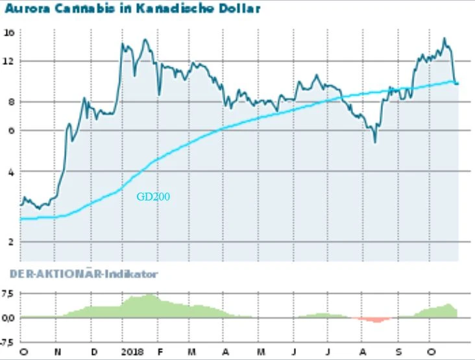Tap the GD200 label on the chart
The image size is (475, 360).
[x=153, y=196]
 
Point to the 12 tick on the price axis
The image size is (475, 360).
[x=8, y=62]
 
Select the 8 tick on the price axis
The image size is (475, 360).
[x=8, y=102]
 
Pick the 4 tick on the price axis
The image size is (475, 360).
[x=8, y=172]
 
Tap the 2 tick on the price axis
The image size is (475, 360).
[x=8, y=242]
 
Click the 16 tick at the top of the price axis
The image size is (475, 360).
[x=8, y=32]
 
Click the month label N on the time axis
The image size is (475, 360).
[x=58, y=352]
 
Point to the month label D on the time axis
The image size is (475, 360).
[x=93, y=352]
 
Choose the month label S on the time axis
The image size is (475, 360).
[x=398, y=352]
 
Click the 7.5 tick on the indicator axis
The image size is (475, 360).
[x=8, y=294]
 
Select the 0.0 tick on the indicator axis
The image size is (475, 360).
[x=8, y=318]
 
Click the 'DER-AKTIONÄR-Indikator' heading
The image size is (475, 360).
[x=84, y=274]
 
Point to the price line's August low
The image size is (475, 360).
[x=374, y=142]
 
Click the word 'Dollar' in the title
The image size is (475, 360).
[x=239, y=9]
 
